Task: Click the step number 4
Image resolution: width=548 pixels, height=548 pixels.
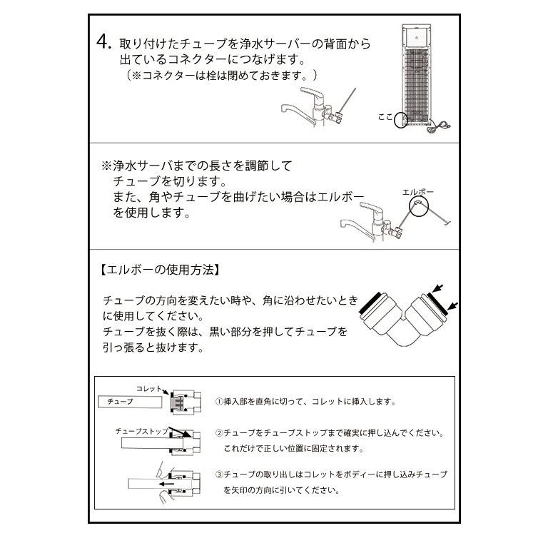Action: (x=104, y=42)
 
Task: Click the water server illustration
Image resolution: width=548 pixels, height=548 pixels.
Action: (x=420, y=76)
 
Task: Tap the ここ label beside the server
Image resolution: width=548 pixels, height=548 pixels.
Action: (x=385, y=116)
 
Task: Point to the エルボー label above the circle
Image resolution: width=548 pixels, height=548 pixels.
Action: (x=418, y=193)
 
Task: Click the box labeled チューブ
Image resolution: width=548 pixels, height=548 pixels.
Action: (x=125, y=402)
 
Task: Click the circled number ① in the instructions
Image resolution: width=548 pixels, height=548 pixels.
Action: (x=220, y=402)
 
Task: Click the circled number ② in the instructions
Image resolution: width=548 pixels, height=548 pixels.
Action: (x=220, y=433)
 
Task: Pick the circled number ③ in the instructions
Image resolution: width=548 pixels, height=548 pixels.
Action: (x=220, y=475)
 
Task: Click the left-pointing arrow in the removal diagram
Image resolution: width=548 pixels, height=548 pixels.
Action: (x=168, y=483)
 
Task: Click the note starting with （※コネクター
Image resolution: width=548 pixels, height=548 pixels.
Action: (x=222, y=75)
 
